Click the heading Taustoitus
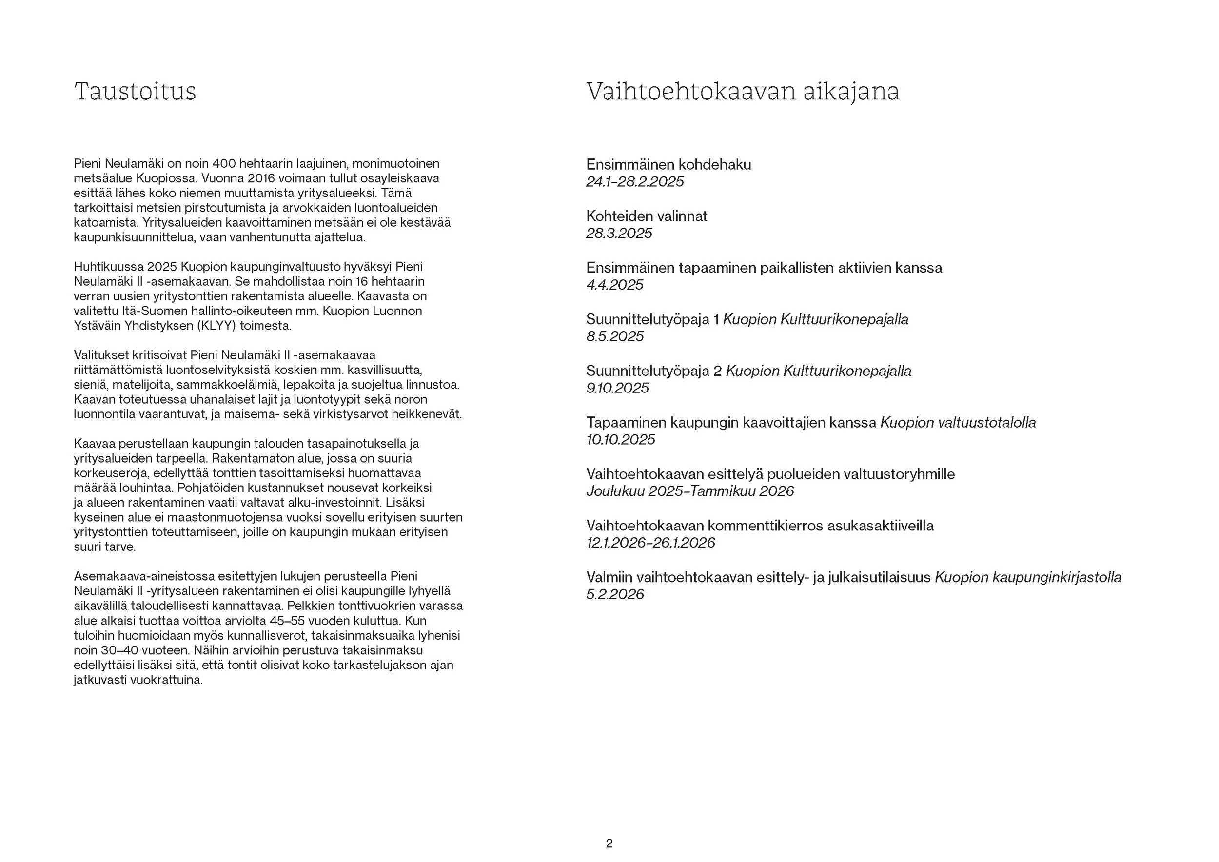tap(135, 91)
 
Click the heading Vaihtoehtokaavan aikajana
tap(743, 91)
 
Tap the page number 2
tap(609, 843)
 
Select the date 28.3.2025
tap(619, 234)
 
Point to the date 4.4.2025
tap(615, 285)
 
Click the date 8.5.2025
tap(615, 336)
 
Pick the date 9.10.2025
tap(617, 388)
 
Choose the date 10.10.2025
tap(621, 439)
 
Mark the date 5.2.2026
tap(615, 594)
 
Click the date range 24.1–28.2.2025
tap(635, 182)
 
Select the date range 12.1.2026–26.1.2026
tap(650, 543)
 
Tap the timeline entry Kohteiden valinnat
tap(647, 216)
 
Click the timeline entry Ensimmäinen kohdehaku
tap(668, 165)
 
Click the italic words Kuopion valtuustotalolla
tap(958, 423)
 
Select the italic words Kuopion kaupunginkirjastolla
tap(1028, 577)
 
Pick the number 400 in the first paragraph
tap(223, 164)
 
